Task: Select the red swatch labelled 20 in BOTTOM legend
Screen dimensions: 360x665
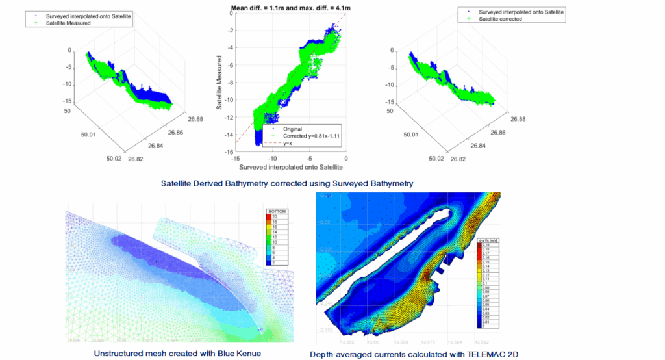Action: click(272, 217)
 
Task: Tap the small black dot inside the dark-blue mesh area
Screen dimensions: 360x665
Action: click(157, 261)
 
